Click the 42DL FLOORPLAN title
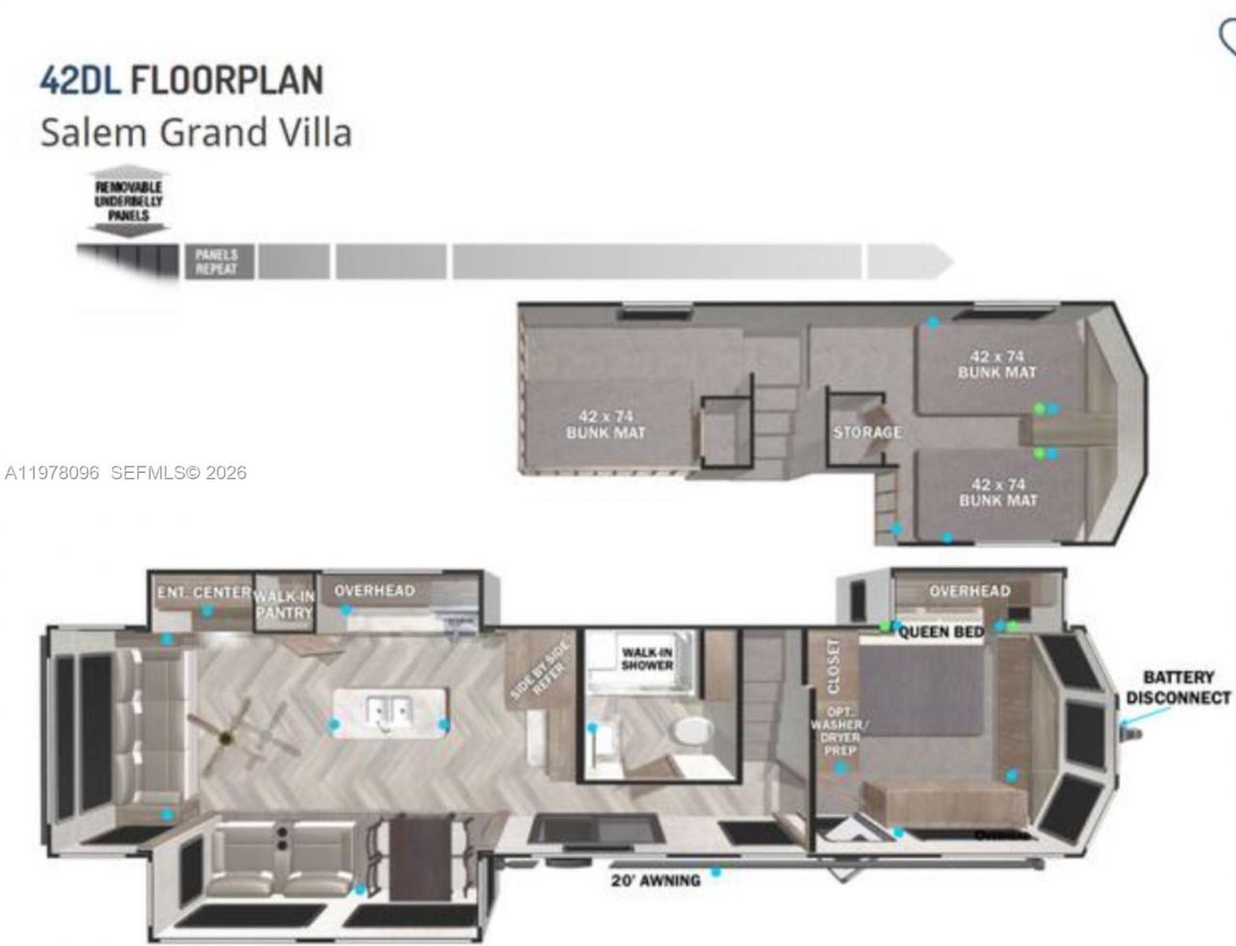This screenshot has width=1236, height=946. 181,80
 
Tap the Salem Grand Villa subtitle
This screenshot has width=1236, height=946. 195,132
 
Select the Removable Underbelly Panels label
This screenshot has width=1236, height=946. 128,201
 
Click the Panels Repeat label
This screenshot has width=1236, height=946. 216,262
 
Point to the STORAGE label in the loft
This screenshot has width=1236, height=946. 867,431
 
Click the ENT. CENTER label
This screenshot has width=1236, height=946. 204,591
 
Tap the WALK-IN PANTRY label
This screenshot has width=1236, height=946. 285,605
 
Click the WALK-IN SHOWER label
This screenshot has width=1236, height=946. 647,658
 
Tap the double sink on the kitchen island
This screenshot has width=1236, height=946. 389,712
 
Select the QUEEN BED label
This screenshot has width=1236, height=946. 941,632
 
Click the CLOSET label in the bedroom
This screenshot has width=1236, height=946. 833,665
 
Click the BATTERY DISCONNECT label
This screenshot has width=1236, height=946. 1178,687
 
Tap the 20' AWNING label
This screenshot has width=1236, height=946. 655,880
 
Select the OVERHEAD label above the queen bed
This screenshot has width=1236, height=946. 969,591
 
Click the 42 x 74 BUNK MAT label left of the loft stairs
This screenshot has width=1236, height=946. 605,425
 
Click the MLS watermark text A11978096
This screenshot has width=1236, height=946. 52,473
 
